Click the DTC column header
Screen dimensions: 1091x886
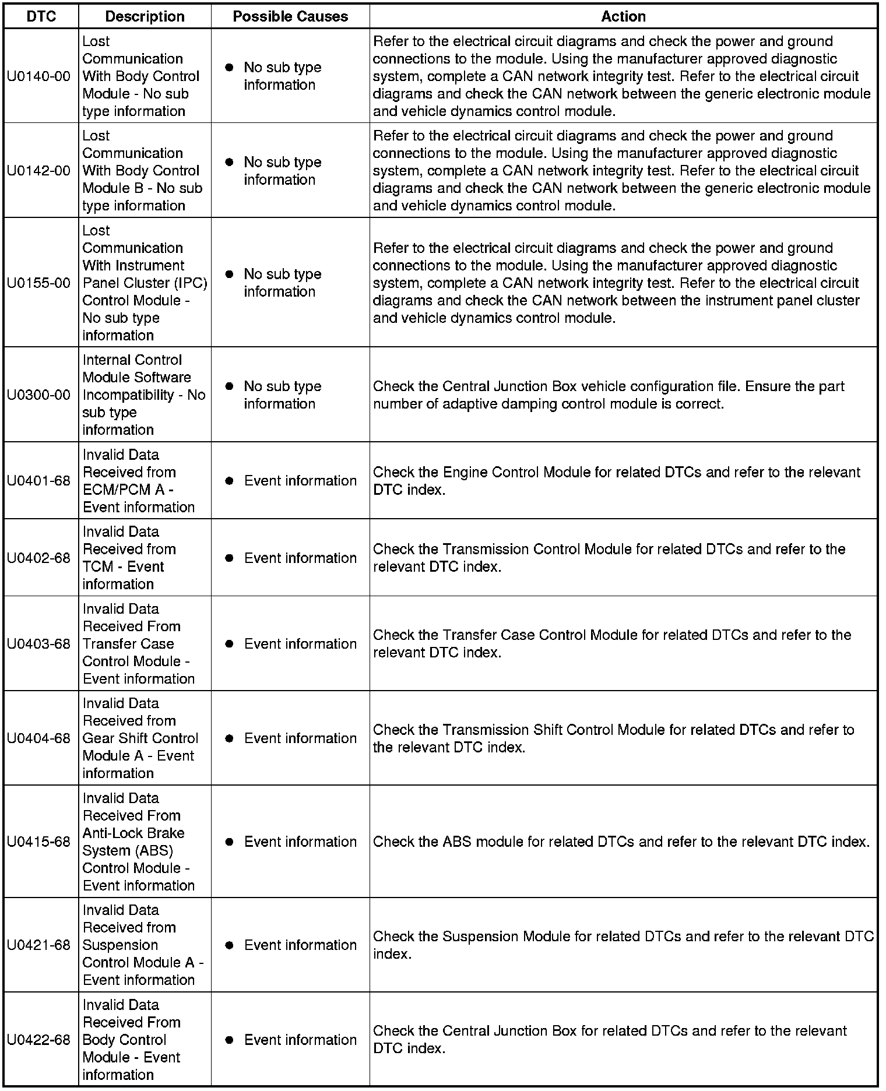tap(41, 16)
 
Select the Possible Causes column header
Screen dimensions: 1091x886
tap(290, 16)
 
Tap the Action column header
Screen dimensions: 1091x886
tap(623, 16)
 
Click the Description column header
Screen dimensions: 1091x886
tap(145, 16)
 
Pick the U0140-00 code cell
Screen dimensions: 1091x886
tap(38, 76)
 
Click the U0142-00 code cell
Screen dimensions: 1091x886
tap(38, 171)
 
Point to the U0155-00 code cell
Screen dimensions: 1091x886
tap(38, 283)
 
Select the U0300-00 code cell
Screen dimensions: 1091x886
tap(38, 395)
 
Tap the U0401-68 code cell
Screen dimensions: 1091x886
tap(38, 481)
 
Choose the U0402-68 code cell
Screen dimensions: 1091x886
tap(38, 558)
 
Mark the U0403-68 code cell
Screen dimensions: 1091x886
tap(38, 644)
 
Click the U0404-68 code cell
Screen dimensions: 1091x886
tap(38, 738)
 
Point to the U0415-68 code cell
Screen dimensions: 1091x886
tap(38, 842)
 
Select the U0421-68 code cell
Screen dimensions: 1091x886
tap(38, 945)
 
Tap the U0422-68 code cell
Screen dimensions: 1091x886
tap(38, 1040)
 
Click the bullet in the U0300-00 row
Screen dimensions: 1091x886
tap(230, 386)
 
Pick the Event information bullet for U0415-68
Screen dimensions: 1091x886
tap(230, 842)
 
